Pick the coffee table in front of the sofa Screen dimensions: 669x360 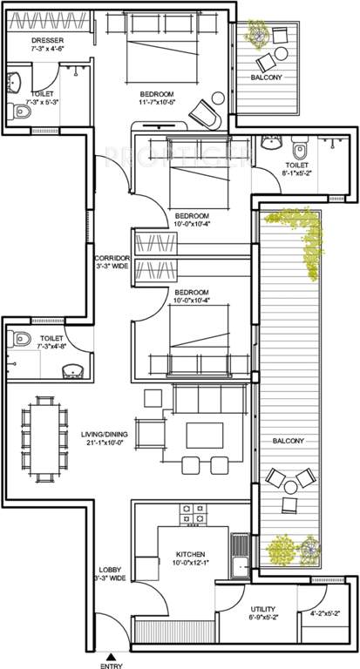[x=207, y=435]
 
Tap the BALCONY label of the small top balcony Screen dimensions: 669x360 [x=265, y=77]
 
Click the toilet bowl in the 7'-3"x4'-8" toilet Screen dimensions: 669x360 [x=24, y=340]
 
